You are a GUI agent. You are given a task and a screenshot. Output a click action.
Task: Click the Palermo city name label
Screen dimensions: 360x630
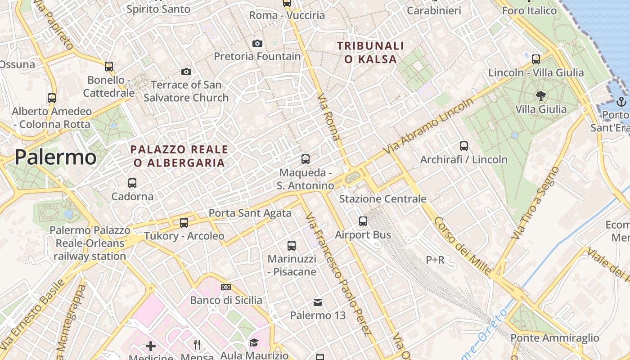point(55,157)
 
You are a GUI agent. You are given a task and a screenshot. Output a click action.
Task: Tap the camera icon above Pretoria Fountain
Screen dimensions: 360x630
point(257,43)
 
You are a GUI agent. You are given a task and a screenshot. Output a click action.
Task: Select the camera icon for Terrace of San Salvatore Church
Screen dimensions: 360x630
point(186,72)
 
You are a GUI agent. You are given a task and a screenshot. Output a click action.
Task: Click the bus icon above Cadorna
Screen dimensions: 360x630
point(132,183)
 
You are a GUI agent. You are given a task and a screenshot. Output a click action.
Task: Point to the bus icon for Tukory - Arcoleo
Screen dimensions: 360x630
point(184,222)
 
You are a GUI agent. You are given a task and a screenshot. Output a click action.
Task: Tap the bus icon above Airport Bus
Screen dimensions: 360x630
point(363,221)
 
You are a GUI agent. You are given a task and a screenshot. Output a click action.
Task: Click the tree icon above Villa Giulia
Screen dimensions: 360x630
point(540,95)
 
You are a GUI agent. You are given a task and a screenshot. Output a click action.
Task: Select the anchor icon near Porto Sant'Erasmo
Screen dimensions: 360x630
point(621,101)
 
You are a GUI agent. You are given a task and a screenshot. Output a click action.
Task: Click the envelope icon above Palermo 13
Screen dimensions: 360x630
point(318,302)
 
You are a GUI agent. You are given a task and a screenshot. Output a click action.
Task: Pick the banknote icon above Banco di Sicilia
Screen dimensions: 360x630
point(226,287)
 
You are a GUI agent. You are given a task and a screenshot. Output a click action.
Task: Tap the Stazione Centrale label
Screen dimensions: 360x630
point(382,199)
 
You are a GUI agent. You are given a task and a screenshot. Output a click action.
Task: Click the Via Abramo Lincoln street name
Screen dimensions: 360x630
point(429,126)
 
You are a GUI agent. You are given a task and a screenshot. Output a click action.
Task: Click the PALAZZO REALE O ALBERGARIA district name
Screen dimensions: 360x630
point(179,156)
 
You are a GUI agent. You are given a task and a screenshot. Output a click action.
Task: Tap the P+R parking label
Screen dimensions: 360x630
point(435,260)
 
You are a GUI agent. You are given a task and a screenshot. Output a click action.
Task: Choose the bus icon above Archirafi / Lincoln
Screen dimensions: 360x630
point(464,146)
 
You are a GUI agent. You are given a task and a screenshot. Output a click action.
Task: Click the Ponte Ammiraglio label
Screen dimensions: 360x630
point(554,338)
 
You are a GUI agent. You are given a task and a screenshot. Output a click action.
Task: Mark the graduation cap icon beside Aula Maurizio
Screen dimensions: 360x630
point(254,343)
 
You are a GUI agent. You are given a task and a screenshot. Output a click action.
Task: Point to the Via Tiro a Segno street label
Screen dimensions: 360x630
point(535,203)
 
